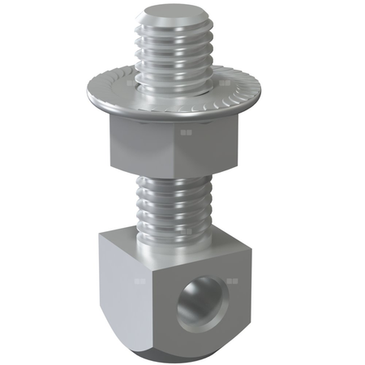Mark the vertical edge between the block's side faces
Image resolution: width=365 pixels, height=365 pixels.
point(155,300)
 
